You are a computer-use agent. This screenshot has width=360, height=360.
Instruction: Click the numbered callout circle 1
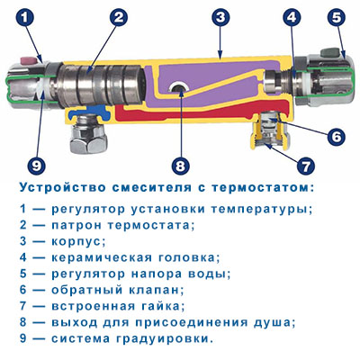click(x=25, y=18)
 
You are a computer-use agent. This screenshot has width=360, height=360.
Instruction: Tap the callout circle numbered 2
click(x=118, y=17)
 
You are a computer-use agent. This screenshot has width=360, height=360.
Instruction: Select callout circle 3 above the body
click(x=220, y=17)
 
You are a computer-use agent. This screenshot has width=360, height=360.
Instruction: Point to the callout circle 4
click(x=291, y=17)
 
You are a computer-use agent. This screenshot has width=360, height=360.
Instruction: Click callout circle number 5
click(x=337, y=17)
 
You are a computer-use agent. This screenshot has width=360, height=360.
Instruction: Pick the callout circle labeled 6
click(x=336, y=136)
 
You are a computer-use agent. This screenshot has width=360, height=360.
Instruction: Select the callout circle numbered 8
click(x=180, y=166)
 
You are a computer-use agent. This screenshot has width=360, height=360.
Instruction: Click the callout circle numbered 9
click(x=36, y=166)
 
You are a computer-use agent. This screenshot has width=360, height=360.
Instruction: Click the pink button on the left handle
click(x=28, y=61)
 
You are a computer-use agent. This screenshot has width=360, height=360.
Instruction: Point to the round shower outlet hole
click(x=179, y=88)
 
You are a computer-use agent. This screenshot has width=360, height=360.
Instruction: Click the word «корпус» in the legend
click(x=76, y=241)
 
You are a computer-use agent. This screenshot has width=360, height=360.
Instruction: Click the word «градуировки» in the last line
click(x=161, y=339)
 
